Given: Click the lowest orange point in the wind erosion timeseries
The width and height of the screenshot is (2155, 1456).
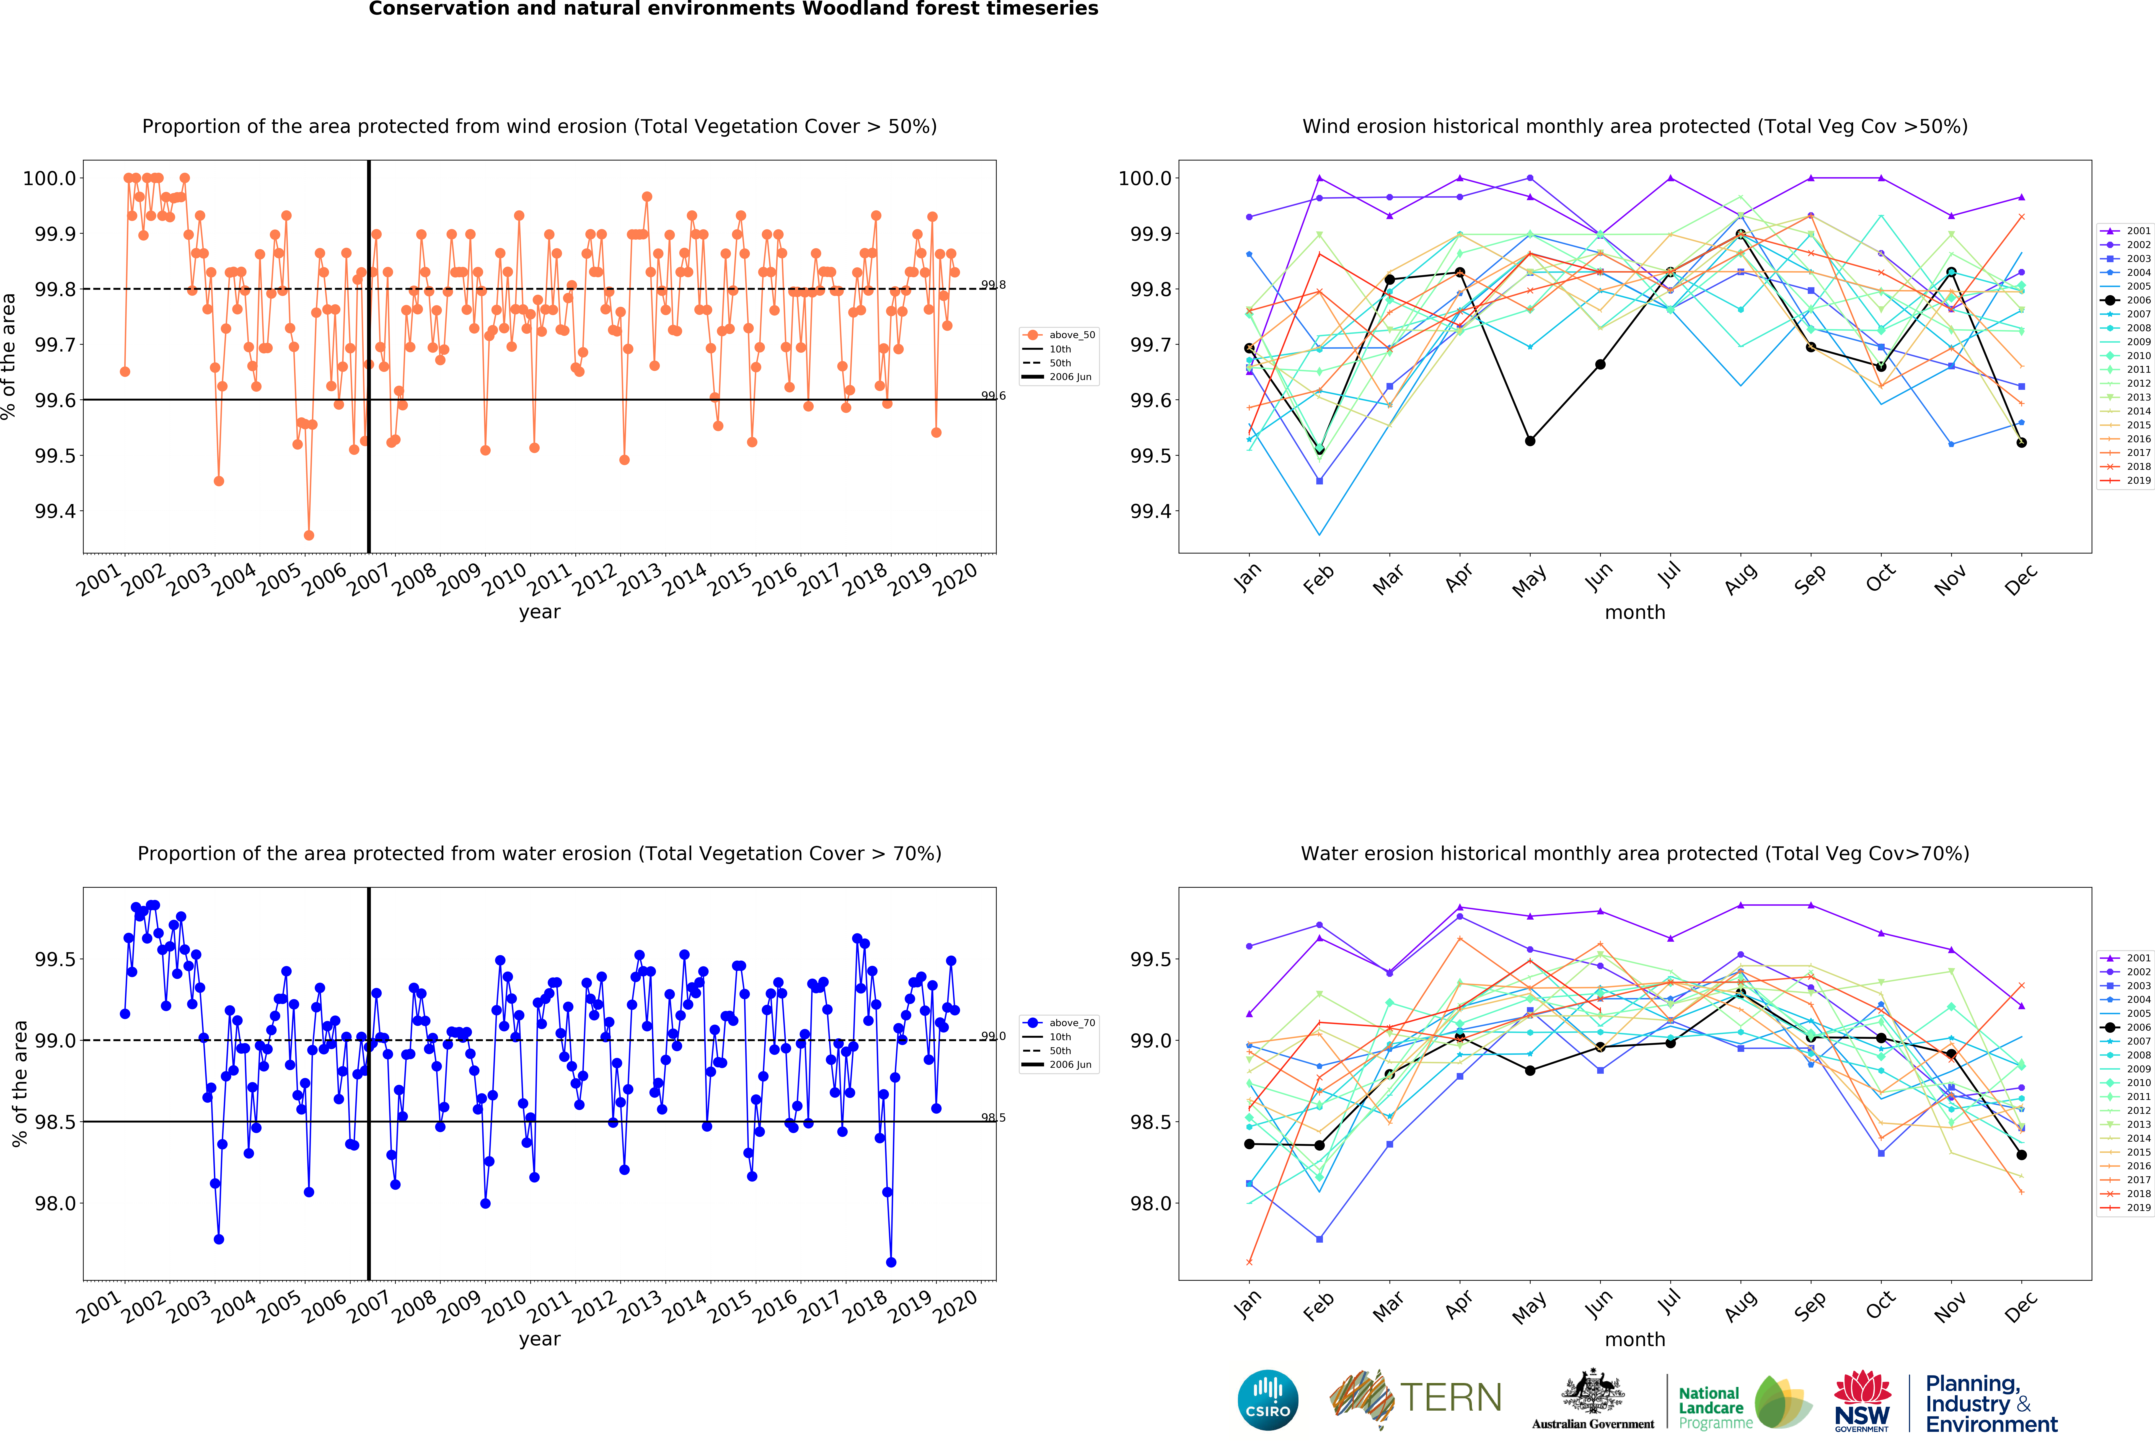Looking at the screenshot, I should point(309,535).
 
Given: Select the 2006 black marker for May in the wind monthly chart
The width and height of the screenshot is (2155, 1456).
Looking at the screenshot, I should point(1530,440).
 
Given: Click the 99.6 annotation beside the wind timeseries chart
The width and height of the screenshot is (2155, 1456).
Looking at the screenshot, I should point(993,396).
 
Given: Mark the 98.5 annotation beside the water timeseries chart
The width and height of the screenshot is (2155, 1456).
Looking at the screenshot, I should point(993,1117).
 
